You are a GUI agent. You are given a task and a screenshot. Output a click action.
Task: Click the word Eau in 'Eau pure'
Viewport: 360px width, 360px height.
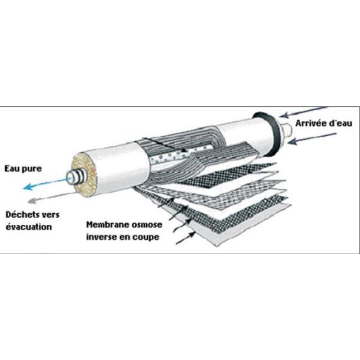(x=12, y=168)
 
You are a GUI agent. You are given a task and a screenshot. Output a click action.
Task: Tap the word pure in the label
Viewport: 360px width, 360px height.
(x=32, y=169)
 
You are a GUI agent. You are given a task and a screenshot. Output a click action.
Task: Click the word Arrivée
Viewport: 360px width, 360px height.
(x=311, y=123)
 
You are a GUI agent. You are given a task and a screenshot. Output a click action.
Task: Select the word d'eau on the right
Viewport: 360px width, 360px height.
(x=341, y=123)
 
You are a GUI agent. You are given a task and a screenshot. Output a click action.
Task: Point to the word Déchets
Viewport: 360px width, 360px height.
(x=22, y=215)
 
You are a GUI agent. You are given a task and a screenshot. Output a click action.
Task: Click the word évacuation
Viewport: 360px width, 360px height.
(x=29, y=227)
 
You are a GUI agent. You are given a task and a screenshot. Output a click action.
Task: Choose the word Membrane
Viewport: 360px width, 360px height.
(x=105, y=224)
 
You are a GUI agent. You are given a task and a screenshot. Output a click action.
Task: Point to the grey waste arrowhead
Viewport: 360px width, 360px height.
(x=32, y=201)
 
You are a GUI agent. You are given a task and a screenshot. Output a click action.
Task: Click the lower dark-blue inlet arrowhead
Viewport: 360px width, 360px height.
(x=292, y=142)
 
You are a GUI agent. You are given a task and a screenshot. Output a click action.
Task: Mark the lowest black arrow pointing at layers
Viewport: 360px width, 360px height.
(x=186, y=238)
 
